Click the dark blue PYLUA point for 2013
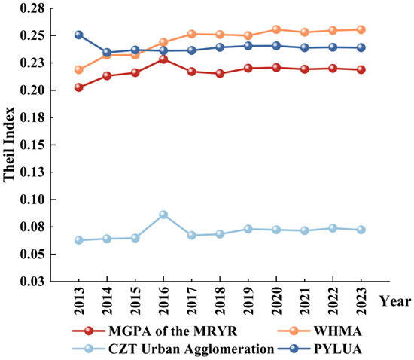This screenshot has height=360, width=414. (x=79, y=35)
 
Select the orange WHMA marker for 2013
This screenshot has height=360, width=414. (x=79, y=70)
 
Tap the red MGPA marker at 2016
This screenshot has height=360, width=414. (x=163, y=59)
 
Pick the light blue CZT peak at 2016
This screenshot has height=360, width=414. (x=163, y=215)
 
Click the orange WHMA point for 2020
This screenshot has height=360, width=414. (x=276, y=29)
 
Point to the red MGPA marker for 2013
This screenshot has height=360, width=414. (x=79, y=87)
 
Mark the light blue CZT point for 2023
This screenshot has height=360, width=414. (x=361, y=230)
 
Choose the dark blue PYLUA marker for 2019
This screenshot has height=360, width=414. (x=248, y=46)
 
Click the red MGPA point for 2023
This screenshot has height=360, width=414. (x=361, y=70)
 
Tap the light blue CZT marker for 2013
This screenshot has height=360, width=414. (x=79, y=240)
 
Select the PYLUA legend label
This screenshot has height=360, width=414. (x=337, y=349)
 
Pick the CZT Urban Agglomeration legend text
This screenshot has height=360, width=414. (x=191, y=349)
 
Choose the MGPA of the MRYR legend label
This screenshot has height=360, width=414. (x=172, y=331)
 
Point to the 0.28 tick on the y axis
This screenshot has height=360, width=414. (x=32, y=8)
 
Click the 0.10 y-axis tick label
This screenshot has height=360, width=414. (x=32, y=200)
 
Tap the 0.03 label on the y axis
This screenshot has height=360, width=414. (x=32, y=282)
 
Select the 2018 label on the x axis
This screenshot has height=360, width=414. (x=220, y=301)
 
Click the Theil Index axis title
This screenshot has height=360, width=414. (x=9, y=145)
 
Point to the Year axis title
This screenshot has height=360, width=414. (x=395, y=301)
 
